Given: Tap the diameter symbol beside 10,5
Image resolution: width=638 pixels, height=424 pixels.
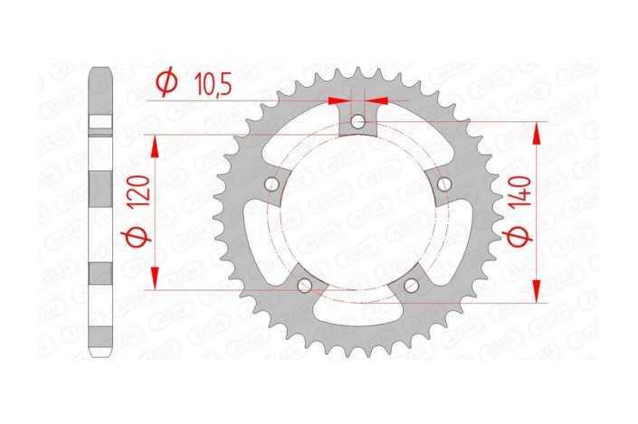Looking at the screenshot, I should [x=167, y=83].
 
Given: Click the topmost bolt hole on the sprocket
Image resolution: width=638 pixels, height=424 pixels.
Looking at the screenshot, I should [x=358, y=121].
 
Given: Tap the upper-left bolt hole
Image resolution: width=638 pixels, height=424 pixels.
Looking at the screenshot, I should [x=271, y=184].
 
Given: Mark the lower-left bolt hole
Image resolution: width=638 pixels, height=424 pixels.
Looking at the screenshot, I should [x=304, y=287].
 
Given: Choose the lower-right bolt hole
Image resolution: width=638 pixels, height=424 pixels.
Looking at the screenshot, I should [x=412, y=287].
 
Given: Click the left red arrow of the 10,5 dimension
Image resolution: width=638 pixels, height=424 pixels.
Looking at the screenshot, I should [x=339, y=100].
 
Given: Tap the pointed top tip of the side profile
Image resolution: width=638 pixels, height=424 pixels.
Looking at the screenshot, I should [x=101, y=68].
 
